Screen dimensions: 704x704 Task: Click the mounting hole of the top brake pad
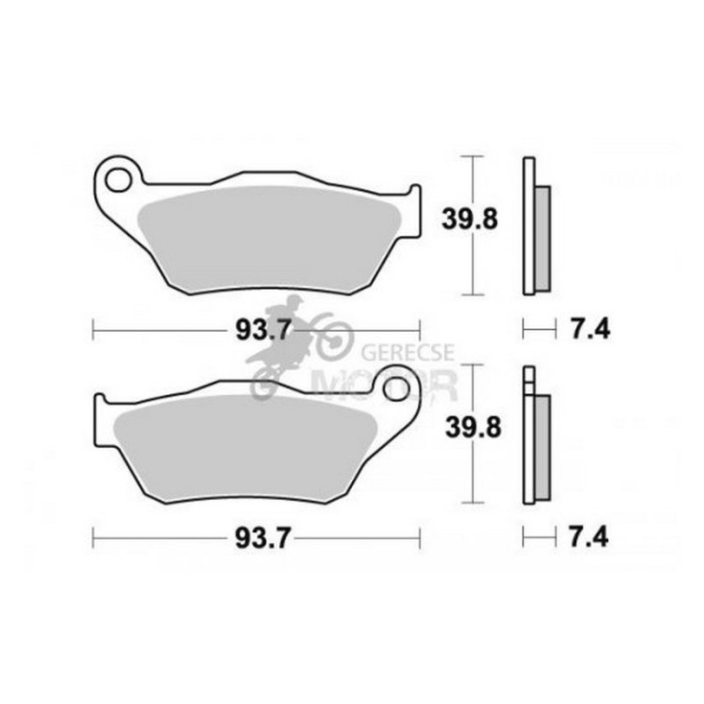[x=118, y=179]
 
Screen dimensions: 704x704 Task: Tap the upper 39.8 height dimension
[x=470, y=219]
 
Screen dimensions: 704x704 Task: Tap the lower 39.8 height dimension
[x=473, y=427]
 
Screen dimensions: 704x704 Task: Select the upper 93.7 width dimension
[x=263, y=330]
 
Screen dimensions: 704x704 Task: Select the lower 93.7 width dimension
[x=263, y=538]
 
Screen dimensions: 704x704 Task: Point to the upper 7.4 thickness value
[x=590, y=329]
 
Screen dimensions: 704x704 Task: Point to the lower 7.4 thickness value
[x=589, y=537]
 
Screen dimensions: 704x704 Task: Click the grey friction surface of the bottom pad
[x=245, y=448]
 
